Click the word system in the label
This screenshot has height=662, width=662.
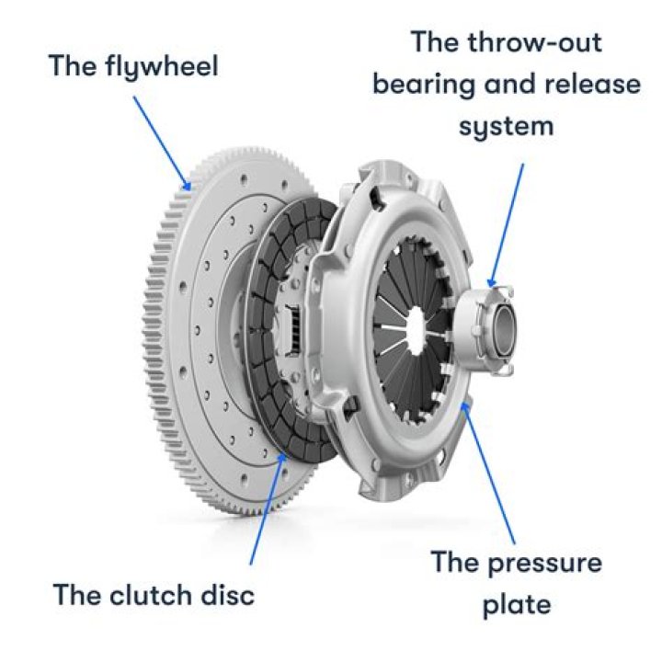[508, 126]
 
